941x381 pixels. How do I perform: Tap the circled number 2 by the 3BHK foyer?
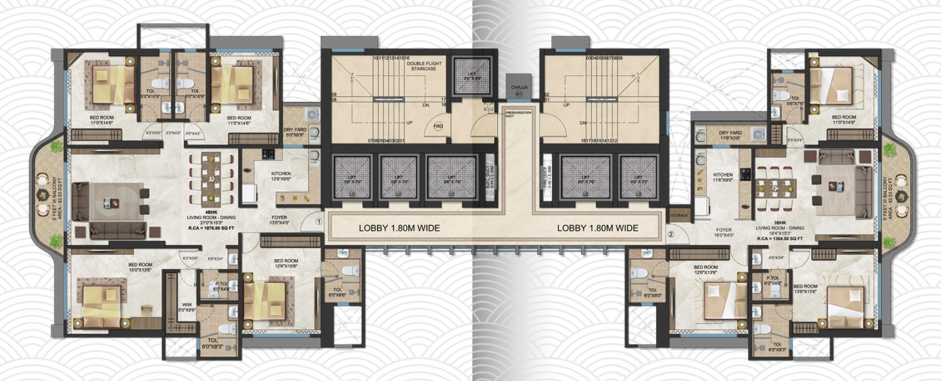pyautogui.click(x=670, y=233)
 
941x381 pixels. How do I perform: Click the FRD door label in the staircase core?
pyautogui.click(x=438, y=126)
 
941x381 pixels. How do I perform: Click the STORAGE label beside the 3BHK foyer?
pyautogui.click(x=678, y=217)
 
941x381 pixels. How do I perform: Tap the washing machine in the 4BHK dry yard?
pyautogui.click(x=312, y=114)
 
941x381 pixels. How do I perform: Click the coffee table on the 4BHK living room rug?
pyautogui.click(x=113, y=203)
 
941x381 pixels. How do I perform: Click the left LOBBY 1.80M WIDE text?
pyautogui.click(x=399, y=228)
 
